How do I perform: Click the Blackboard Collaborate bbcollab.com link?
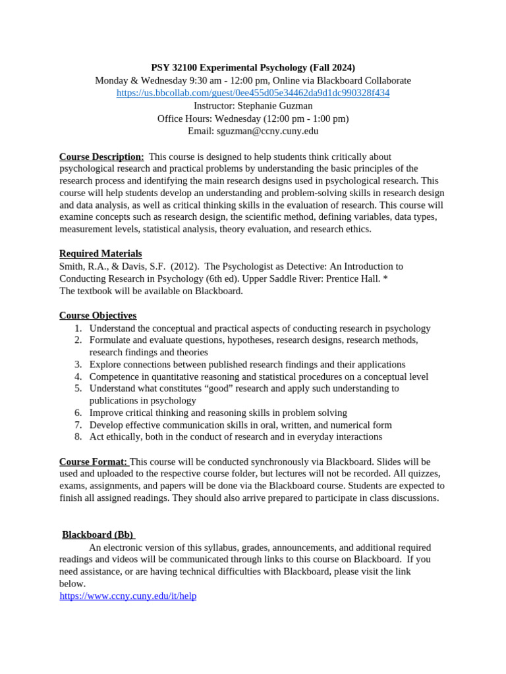tap(253, 93)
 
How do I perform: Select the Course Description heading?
tap(101, 157)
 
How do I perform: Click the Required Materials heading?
tap(100, 253)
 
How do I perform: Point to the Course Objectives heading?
tap(98, 315)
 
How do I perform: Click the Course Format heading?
tap(93, 461)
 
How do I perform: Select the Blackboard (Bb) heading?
tap(98, 534)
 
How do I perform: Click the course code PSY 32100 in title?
tap(174, 67)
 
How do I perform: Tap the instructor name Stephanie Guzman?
tap(275, 105)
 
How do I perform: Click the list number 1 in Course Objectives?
tap(78, 328)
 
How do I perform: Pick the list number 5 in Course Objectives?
tap(78, 388)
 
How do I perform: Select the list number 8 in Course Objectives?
tap(78, 436)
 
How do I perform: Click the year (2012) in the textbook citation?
tap(181, 267)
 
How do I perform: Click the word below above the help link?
tap(72, 583)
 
